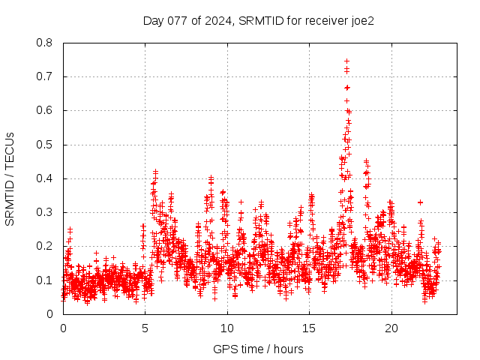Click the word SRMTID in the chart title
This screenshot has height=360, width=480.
click(256, 20)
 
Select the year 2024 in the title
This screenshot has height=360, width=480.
click(219, 20)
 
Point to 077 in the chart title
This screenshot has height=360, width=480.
click(177, 20)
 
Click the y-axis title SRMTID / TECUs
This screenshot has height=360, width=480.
click(10, 178)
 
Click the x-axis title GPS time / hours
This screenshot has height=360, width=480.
click(259, 349)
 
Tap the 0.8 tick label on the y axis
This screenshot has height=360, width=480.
click(45, 43)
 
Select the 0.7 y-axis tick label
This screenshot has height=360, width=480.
click(45, 76)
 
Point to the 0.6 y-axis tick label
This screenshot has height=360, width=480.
click(45, 110)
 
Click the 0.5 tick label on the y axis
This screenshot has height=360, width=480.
click(45, 145)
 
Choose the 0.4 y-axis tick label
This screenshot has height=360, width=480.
click(45, 178)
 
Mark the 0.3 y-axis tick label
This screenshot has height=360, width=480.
click(45, 212)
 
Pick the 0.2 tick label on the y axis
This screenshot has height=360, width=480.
click(45, 246)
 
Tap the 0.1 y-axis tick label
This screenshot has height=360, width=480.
click(45, 280)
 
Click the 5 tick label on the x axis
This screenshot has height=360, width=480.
click(145, 328)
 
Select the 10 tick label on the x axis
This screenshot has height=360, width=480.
click(227, 328)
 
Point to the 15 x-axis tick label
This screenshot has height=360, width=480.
click(309, 328)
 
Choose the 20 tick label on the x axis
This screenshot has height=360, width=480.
click(391, 328)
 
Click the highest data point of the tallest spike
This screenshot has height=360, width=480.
click(346, 61)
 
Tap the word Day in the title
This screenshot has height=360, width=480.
click(153, 20)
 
